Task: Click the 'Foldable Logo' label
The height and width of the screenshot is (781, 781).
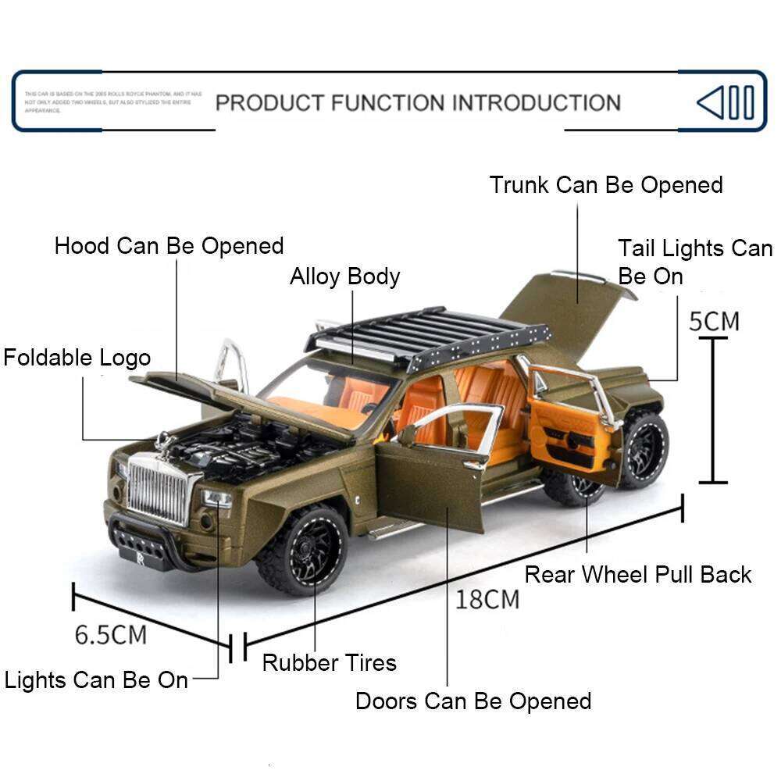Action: coord(77,358)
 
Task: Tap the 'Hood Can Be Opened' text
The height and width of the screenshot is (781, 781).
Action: coord(169,246)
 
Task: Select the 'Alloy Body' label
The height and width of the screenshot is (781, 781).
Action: coord(344,276)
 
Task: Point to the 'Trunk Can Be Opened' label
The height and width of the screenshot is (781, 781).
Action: coord(606,185)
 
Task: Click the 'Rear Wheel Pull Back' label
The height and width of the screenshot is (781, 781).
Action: coord(637,575)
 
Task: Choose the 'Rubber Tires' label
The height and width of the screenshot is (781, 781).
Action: coord(329,663)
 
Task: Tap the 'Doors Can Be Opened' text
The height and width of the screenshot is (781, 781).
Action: coord(473,701)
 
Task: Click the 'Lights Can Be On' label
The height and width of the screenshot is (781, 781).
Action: coord(96,680)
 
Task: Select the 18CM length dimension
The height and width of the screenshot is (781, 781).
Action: coord(487,599)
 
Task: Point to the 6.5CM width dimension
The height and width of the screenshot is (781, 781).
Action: coord(110,634)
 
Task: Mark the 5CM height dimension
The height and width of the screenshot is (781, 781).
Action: coord(713,321)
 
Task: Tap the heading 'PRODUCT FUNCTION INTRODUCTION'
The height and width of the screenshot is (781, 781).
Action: coord(418,102)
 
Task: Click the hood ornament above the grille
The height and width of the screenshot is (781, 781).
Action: coord(165,444)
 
